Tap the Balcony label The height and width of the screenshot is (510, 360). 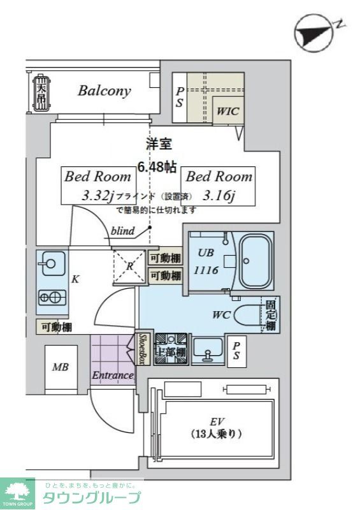104,91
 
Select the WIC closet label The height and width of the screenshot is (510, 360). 227,111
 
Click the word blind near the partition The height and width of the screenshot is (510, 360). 122,231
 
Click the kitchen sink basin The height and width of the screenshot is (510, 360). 50,262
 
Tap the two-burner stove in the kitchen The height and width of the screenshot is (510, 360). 52,296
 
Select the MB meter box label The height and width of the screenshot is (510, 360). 61,368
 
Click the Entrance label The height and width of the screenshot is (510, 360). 113,375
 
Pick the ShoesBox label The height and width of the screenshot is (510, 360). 143,349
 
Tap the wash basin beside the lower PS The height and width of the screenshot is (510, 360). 207,350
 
